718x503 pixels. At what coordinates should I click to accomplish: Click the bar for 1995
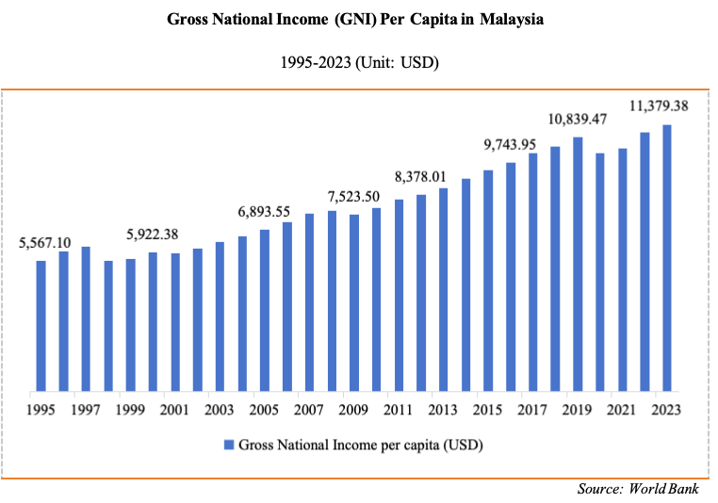click(x=41, y=325)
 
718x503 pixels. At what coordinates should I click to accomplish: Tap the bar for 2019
click(x=578, y=263)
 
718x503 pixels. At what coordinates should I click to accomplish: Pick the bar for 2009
click(x=354, y=301)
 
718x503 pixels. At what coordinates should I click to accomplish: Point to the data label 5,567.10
click(x=44, y=243)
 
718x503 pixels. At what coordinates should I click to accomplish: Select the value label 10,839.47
click(x=578, y=119)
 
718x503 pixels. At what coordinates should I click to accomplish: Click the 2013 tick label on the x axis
click(x=443, y=410)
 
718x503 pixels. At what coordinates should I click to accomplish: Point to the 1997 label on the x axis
click(x=86, y=410)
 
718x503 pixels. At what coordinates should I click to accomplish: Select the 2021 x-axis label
click(x=622, y=410)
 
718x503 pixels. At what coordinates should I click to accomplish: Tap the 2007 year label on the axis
click(x=309, y=410)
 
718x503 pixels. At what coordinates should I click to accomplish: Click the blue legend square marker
click(x=229, y=444)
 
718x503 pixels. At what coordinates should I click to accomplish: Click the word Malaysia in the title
click(x=512, y=19)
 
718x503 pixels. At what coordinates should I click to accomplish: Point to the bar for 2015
click(x=488, y=280)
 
